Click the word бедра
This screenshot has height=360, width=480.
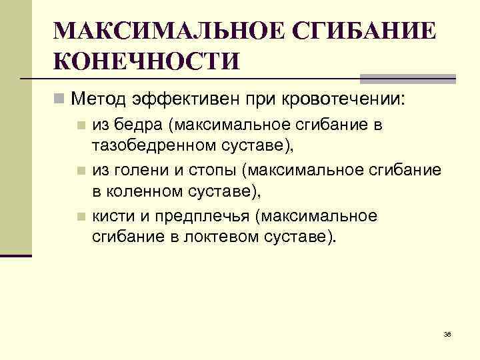point(141,124)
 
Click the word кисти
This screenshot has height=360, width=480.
point(110,215)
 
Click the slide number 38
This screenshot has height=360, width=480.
point(447,334)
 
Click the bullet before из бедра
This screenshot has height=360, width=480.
point(80,125)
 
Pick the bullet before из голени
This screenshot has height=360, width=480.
point(80,170)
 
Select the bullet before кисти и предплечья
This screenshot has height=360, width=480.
point(80,216)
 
